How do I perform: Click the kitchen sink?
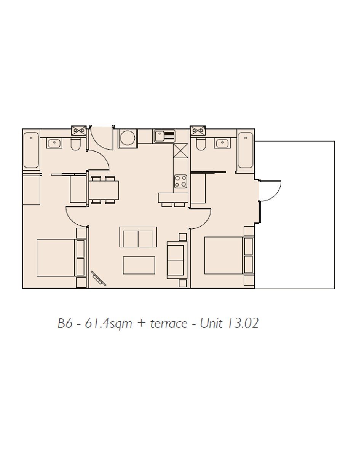(x=164, y=136)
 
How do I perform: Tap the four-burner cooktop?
(x=180, y=181)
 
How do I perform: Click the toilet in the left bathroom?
(x=76, y=144)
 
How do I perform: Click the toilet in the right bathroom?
(x=201, y=144)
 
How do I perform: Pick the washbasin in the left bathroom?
(x=54, y=143)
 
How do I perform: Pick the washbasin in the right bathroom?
(x=222, y=143)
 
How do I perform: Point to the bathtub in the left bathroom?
(x=31, y=150)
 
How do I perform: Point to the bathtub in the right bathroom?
(x=246, y=150)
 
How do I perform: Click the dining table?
(x=104, y=190)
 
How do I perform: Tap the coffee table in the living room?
(x=139, y=265)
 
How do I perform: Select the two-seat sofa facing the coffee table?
(x=138, y=237)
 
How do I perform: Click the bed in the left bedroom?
(x=61, y=258)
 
